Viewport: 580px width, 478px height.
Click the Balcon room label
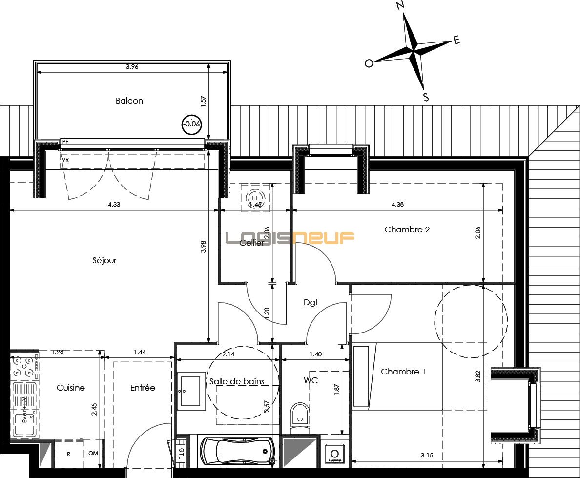[x=129, y=101]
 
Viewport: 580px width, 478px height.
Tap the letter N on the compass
[x=400, y=6]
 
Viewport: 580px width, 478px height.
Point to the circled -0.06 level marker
[x=191, y=124]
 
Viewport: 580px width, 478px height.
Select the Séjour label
[x=104, y=260]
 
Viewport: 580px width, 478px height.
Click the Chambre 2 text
[x=407, y=229]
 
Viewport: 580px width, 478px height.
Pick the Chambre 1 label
[x=403, y=372]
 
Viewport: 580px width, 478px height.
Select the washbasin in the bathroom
[x=191, y=391]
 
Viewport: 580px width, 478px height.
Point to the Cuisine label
[x=71, y=388]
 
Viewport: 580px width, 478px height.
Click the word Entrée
[x=143, y=388]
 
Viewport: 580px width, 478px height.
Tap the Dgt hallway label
[x=311, y=302]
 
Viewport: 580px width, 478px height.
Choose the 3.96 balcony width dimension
[x=132, y=67]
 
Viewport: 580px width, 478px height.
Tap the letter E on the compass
[x=456, y=41]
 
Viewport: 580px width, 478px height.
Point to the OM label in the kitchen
[x=93, y=454]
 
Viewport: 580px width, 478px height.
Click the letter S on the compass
[x=426, y=97]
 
